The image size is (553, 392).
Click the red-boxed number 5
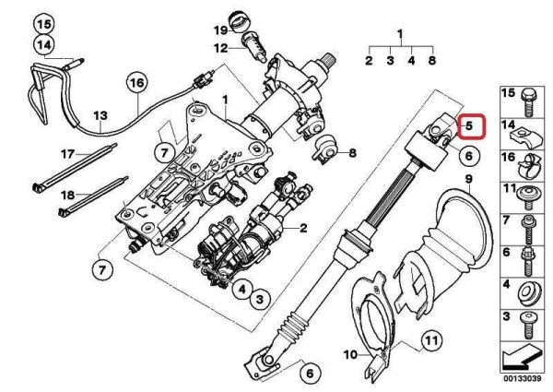coord(469,125)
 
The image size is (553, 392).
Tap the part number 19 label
coord(221,30)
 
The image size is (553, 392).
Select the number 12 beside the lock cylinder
coord(221,48)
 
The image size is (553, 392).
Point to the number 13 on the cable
coord(100,115)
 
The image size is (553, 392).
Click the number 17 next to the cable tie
coord(67,154)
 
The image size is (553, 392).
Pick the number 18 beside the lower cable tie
coord(68,195)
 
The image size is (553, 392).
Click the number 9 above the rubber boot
coord(469,179)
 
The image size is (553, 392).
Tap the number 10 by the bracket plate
coord(350,354)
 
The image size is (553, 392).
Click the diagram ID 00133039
coord(522,379)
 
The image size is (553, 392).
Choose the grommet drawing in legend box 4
coord(529,294)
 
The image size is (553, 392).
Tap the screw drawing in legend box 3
coord(528,325)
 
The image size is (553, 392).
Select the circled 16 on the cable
coord(136,83)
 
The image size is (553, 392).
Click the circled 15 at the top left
coord(44,24)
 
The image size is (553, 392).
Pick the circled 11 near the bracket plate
coord(432,341)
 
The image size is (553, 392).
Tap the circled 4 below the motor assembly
coord(241,290)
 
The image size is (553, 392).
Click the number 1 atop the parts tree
coord(400,34)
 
